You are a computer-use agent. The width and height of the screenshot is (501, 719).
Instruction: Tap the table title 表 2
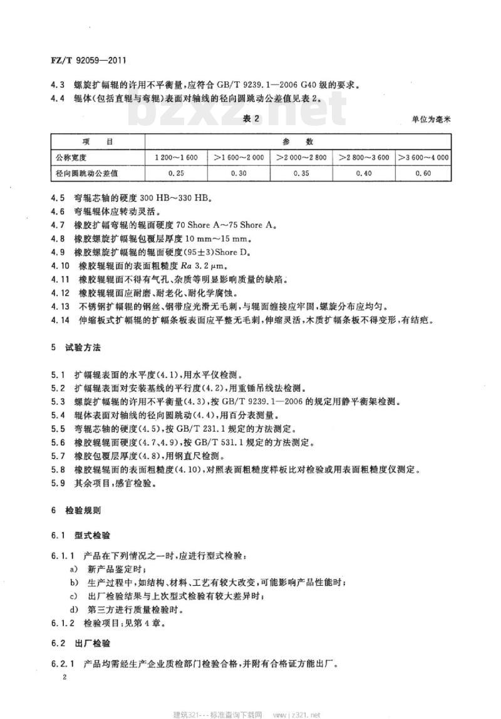[251, 118]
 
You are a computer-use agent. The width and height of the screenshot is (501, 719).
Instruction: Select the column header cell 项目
[98, 142]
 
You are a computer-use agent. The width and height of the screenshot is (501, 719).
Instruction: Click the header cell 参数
[298, 142]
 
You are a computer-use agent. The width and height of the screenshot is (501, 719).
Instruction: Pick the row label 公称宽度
[75, 158]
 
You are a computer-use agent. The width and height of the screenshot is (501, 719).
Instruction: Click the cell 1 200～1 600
[176, 158]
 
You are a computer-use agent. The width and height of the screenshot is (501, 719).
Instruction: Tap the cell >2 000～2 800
[301, 158]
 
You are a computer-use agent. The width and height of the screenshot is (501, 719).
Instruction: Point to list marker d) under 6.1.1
[73, 610]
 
